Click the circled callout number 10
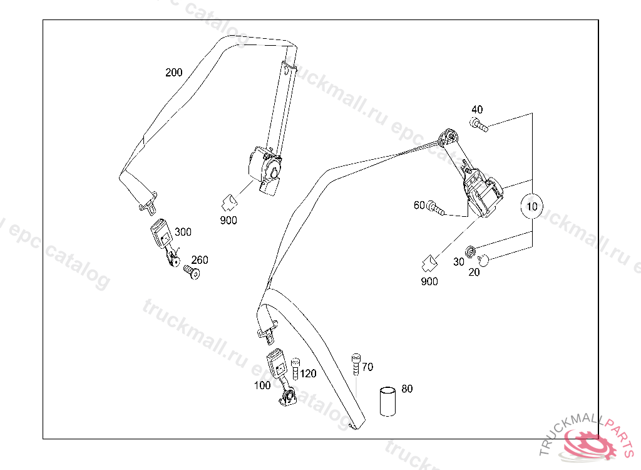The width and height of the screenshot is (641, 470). point(532,206)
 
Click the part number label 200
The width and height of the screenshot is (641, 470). point(173,73)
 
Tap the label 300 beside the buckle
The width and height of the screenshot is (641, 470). point(183,232)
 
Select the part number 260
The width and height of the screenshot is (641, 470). point(199,260)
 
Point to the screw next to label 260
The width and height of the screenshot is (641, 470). point(190,271)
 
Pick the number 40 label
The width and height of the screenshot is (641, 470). point(477,109)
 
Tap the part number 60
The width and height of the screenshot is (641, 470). point(419,205)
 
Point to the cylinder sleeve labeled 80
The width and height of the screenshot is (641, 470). point(388,402)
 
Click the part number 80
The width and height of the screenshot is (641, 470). point(407,389)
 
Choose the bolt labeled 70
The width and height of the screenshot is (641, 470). point(356,363)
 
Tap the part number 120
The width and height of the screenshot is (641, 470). point(308,374)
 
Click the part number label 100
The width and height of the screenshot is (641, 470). point(262,385)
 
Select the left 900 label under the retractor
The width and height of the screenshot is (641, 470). point(228,220)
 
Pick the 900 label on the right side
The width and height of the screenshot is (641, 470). point(429,281)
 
